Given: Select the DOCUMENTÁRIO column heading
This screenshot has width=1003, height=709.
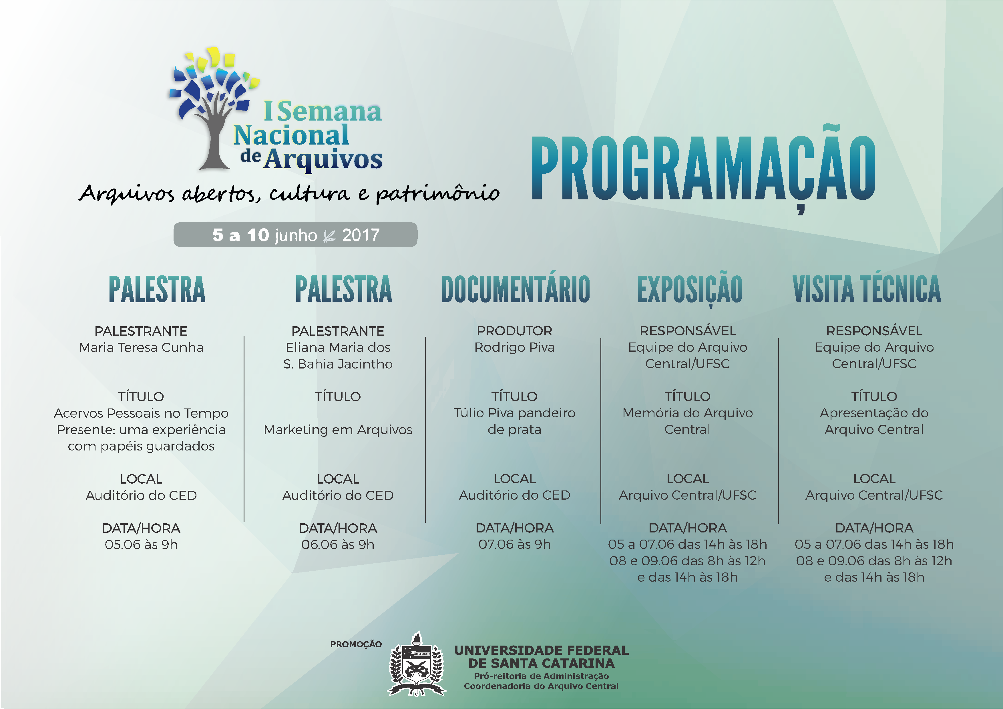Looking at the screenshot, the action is tap(516, 289).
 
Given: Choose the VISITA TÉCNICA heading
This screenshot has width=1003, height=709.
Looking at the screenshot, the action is tap(867, 289).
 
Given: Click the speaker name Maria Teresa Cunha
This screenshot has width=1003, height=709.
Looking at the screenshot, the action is tap(141, 348).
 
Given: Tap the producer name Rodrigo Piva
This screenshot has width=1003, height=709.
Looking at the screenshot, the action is tap(515, 348).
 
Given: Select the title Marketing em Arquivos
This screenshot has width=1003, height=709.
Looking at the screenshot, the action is tap(338, 430).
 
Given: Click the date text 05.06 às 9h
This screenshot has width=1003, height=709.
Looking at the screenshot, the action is tap(141, 545).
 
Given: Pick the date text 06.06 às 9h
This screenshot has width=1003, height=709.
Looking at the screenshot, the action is tap(338, 545).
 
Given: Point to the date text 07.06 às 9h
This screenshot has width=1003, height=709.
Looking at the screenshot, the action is tap(515, 544).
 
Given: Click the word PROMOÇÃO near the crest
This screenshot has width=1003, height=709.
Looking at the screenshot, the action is tap(356, 644).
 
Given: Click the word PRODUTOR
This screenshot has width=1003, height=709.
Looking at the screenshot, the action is tap(515, 331).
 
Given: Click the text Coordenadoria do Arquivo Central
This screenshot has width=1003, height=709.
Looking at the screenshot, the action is tap(541, 686).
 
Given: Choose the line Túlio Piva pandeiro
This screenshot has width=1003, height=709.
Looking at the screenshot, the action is tap(515, 413).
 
